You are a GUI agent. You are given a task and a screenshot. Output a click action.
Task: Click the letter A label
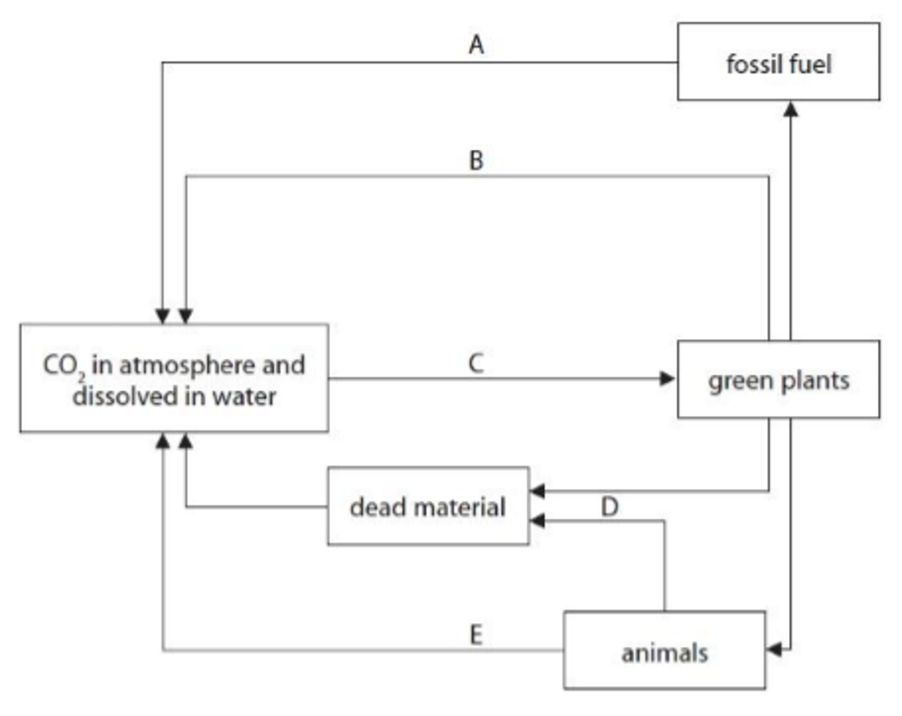[x=476, y=45]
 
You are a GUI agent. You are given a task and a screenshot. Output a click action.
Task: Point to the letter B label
[x=476, y=160]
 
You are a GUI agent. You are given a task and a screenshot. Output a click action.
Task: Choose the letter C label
[x=476, y=363]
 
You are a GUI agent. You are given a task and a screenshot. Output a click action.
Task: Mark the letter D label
[x=609, y=507]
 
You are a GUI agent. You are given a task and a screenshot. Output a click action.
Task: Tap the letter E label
[x=476, y=635]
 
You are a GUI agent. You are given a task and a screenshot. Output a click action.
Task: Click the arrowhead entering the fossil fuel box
[x=791, y=109]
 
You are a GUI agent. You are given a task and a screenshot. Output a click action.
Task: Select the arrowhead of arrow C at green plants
[x=667, y=378]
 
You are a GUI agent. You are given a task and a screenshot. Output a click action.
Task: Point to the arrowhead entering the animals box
[x=774, y=650]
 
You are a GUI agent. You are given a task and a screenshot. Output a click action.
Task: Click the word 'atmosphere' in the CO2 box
[x=188, y=366]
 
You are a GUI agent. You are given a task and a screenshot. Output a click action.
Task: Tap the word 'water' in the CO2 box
[x=245, y=397]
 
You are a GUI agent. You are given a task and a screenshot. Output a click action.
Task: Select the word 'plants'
[x=815, y=382]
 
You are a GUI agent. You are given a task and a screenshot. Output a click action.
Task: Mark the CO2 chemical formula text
[x=64, y=366]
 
